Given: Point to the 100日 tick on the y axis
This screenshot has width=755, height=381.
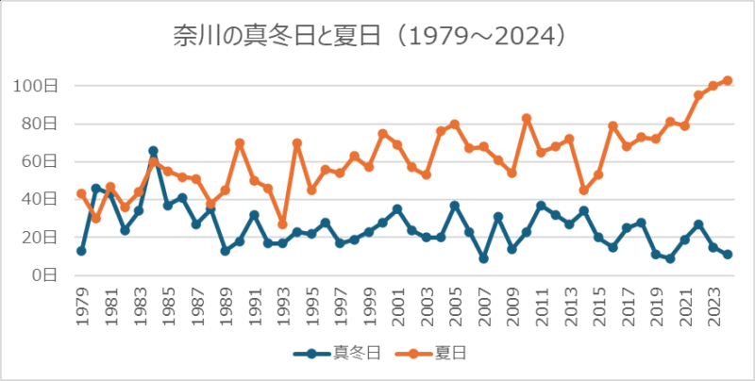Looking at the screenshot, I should pos(37,86).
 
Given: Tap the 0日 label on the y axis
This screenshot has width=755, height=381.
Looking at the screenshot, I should pos(43,275).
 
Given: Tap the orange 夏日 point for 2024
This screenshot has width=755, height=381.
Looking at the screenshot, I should pos(728,80).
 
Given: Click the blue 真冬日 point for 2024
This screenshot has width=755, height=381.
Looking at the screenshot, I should pos(728,255).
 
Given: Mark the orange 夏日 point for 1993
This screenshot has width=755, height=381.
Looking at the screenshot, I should pos(282,224).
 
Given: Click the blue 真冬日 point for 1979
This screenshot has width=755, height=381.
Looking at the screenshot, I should pos(81,251).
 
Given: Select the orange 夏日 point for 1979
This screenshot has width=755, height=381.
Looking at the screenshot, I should pos(81,193).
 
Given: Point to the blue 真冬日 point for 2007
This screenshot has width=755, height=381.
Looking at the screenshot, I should pos(483,258).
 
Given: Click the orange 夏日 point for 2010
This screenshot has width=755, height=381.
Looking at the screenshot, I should pos(527,118).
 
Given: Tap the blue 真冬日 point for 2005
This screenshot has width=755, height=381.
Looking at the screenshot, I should pos(455,205).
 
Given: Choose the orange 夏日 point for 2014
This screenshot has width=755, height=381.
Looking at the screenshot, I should pos(584,190).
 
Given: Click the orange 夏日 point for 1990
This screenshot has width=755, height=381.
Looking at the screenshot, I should pos(240,142).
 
